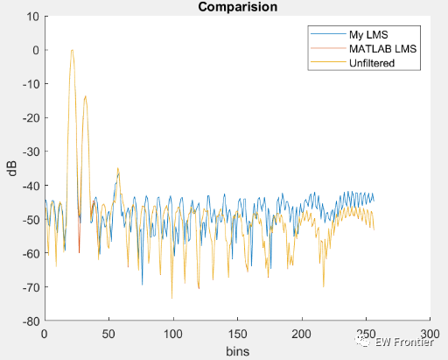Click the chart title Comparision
(x=237, y=7)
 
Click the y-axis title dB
(x=11, y=168)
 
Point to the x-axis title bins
(x=237, y=350)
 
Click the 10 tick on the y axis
(x=33, y=16)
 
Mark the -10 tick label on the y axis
(x=31, y=84)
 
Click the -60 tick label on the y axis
(x=31, y=253)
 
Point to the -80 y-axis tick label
(x=31, y=321)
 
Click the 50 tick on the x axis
(x=108, y=334)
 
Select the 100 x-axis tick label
(x=173, y=334)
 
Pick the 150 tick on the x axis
(x=238, y=334)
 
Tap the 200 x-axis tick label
(x=302, y=334)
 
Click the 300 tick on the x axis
(x=430, y=334)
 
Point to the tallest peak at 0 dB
(x=72, y=50)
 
